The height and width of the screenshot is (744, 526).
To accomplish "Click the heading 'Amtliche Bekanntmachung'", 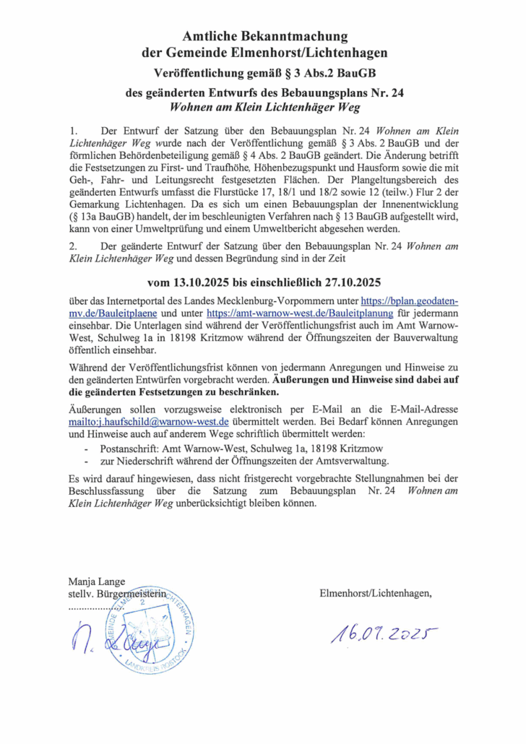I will click(265, 36).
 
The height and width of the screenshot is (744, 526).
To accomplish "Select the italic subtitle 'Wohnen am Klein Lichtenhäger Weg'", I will click(265, 106).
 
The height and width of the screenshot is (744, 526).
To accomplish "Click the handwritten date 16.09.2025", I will click(384, 633).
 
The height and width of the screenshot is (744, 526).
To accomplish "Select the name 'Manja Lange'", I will click(96, 581).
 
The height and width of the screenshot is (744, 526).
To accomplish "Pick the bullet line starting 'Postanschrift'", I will click(191, 448).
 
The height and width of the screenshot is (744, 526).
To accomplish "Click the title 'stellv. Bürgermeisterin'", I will click(116, 594).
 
